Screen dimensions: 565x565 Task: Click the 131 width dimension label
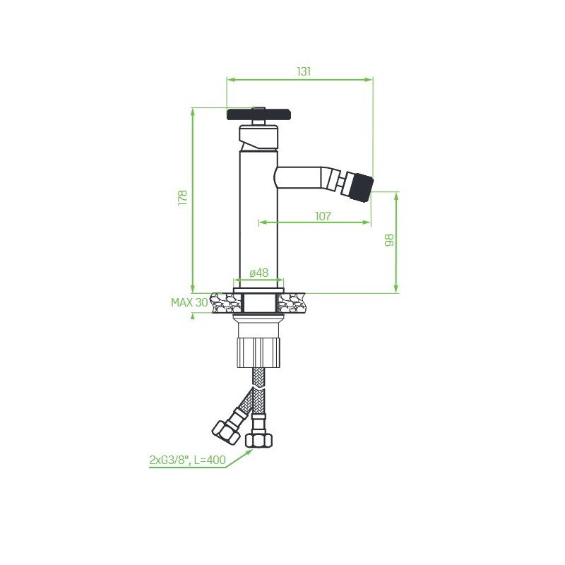(x=304, y=71)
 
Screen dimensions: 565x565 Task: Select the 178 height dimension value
(x=183, y=198)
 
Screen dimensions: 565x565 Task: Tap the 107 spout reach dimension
(x=323, y=216)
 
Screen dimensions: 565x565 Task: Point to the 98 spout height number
(x=390, y=240)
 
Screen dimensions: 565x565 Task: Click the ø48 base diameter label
(x=259, y=273)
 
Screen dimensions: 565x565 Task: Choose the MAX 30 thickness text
(x=189, y=302)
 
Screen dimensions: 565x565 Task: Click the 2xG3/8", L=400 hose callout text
(x=187, y=460)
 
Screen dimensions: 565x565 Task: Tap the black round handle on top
(x=259, y=114)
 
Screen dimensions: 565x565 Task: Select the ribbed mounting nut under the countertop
(x=258, y=352)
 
